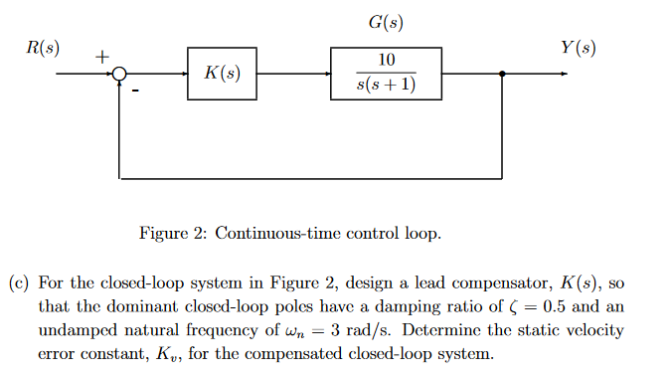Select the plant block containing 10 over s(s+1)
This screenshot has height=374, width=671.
(x=386, y=74)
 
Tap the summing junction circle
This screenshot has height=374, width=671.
(x=120, y=74)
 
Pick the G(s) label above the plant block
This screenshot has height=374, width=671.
(x=386, y=22)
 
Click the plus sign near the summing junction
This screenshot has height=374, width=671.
(x=100, y=59)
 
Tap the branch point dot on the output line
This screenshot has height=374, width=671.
(x=503, y=74)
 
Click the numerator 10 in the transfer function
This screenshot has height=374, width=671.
(x=386, y=62)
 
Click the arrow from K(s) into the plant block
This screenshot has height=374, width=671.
(x=323, y=74)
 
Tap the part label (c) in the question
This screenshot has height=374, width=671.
(x=19, y=282)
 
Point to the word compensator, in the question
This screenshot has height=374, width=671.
(x=519, y=282)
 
